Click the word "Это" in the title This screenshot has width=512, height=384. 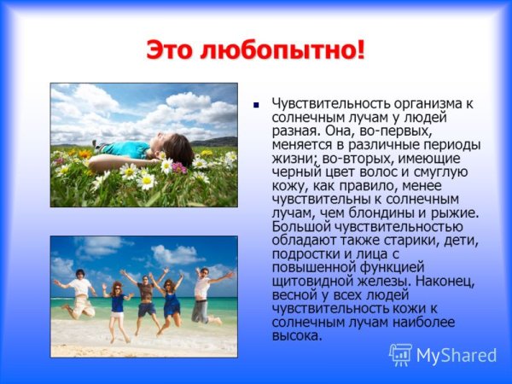click(x=169, y=49)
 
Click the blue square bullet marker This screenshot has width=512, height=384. click(x=254, y=106)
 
